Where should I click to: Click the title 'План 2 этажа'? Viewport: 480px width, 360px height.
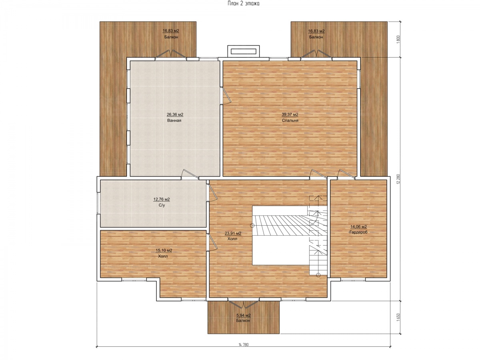(x=243, y=4)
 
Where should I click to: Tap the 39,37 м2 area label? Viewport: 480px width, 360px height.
(x=290, y=114)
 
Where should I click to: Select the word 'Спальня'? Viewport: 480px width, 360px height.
(x=290, y=120)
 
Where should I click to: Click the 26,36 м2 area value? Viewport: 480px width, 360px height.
(x=175, y=114)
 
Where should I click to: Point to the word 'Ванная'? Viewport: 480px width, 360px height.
(x=174, y=120)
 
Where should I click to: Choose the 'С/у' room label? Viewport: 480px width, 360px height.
(x=162, y=205)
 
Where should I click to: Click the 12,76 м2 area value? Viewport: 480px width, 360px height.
(x=161, y=199)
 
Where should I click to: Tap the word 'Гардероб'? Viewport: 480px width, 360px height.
(x=358, y=232)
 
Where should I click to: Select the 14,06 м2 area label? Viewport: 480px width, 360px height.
(x=358, y=227)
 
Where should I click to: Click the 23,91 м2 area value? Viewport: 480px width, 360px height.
(x=233, y=234)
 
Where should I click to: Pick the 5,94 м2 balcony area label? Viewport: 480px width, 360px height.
(x=243, y=316)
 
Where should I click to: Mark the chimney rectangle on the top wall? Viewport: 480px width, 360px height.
(x=243, y=51)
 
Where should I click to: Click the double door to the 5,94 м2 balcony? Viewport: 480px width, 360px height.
(x=244, y=303)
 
